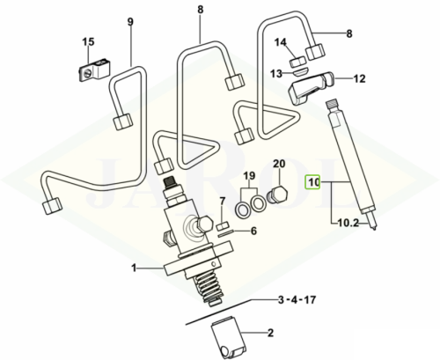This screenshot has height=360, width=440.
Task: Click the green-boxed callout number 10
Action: pyautogui.click(x=312, y=183)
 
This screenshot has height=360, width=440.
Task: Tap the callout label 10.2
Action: pyautogui.click(x=348, y=224)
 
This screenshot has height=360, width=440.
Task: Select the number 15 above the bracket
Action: pyautogui.click(x=88, y=42)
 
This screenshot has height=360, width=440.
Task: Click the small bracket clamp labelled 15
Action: pyautogui.click(x=94, y=70)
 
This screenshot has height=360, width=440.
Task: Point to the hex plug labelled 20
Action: pyautogui.click(x=277, y=195)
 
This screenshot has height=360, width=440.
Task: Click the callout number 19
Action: pyautogui.click(x=249, y=176)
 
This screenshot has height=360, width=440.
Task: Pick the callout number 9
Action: pyautogui.click(x=130, y=21)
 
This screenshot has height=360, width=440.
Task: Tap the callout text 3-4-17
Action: pyautogui.click(x=297, y=300)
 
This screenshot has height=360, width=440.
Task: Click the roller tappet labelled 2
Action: pyautogui.click(x=227, y=338)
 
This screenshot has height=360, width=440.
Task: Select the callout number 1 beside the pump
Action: pyautogui.click(x=134, y=268)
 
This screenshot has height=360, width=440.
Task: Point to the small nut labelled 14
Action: pyautogui.click(x=298, y=62)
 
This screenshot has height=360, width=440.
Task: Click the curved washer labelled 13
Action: pyautogui.click(x=300, y=72)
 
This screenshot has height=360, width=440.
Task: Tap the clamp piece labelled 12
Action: pyautogui.click(x=312, y=87)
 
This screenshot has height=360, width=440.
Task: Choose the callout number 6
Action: pyautogui.click(x=253, y=231)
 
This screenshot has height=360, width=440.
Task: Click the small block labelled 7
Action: pyautogui.click(x=223, y=227)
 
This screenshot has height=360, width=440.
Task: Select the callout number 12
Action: pyautogui.click(x=360, y=78)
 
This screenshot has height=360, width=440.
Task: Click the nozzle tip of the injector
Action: pyautogui.click(x=373, y=224)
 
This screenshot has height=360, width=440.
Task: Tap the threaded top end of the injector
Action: pyautogui.click(x=333, y=104)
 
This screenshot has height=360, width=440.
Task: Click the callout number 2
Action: pyautogui.click(x=270, y=333)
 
